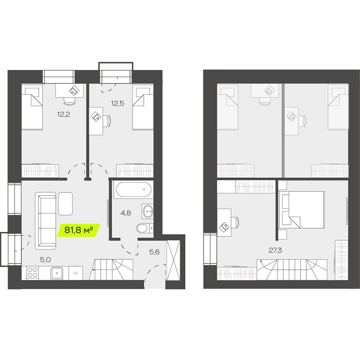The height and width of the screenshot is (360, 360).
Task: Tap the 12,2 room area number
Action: tap(64, 114)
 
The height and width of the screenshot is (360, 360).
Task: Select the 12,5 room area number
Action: tap(117, 103)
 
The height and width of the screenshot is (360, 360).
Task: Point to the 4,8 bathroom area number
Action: tap(126, 213)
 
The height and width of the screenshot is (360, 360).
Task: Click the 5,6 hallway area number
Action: tap(154, 252)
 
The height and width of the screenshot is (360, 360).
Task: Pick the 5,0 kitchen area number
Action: tap(45, 259)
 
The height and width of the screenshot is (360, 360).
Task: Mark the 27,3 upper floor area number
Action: tap(276, 250)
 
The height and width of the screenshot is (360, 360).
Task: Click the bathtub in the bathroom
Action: tap(133, 189)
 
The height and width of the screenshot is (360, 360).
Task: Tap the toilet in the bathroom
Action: tap(145, 228)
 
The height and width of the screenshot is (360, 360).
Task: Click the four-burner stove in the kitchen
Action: tap(33, 273)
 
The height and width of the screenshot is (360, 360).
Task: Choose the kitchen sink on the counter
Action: tap(57, 273)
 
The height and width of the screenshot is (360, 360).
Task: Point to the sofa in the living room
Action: tap(45, 220)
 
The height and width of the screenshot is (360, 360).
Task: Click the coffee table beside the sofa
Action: tap(65, 204)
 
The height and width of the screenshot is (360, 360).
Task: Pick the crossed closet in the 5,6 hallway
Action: tap(173, 260)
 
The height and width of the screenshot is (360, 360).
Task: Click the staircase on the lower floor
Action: tap(111, 270)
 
